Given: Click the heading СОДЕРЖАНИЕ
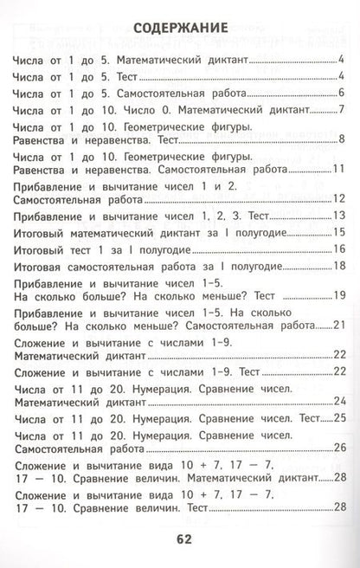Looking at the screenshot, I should (181, 27).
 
